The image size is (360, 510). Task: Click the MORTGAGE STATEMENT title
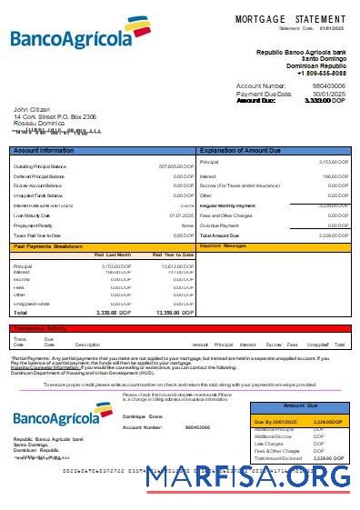click(290, 18)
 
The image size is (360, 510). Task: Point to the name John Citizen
click(33, 109)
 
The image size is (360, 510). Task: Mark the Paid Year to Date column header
click(172, 255)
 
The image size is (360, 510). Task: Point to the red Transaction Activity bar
click(180, 328)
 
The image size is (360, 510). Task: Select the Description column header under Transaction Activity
click(87, 345)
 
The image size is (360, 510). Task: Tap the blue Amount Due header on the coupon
click(300, 405)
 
